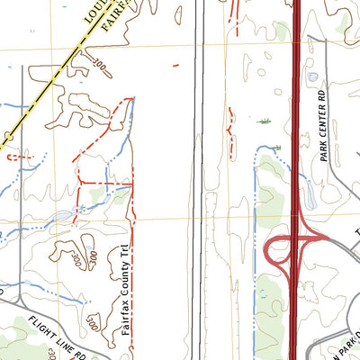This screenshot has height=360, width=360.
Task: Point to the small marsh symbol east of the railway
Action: click(264, 121)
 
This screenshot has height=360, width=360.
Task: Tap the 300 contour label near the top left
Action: click(99, 67)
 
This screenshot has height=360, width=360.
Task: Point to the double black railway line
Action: click(199, 180)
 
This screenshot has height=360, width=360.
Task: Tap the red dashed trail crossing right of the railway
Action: click(231, 130)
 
